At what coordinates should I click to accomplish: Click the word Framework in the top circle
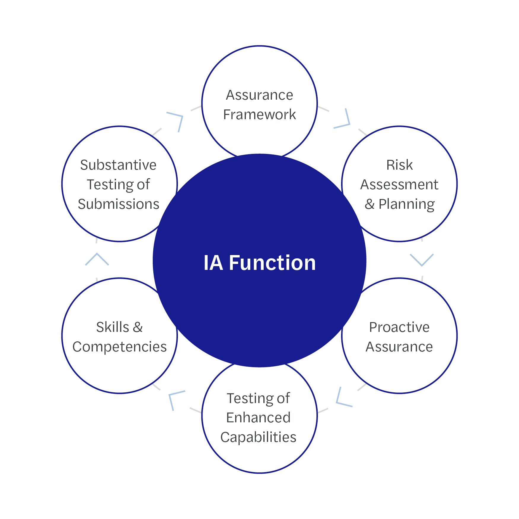tap(259, 114)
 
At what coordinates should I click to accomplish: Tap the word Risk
tap(399, 165)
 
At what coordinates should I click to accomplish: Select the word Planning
tap(407, 204)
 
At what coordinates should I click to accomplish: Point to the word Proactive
tap(399, 327)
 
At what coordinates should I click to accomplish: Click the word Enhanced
tap(258, 418)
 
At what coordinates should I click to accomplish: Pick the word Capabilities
tap(258, 437)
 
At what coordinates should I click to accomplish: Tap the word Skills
tap(113, 327)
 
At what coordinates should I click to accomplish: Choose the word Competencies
tap(120, 347)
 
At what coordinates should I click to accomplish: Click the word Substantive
tap(118, 165)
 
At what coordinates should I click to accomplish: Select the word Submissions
tap(119, 204)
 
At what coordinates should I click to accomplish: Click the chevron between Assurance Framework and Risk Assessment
tap(344, 120)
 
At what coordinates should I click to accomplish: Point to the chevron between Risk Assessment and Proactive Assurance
tap(422, 259)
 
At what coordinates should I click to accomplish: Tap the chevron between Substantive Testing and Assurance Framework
tap(176, 120)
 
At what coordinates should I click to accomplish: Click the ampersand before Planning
tap(370, 204)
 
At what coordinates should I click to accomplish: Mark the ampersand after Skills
tap(138, 327)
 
